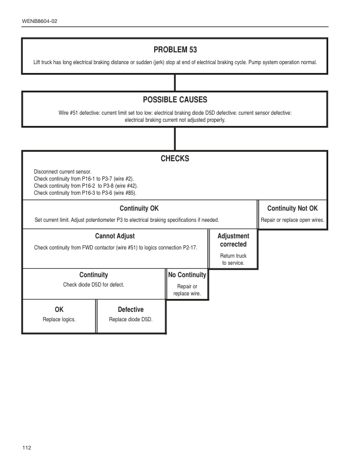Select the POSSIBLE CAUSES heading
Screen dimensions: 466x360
point(175,100)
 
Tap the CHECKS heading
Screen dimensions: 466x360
point(175,159)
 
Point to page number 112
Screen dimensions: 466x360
point(27,448)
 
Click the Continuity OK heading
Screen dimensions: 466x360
point(139,208)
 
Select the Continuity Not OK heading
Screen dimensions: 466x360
point(292,208)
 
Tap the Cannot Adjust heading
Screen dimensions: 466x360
point(115,236)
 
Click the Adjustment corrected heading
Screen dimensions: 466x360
point(233,240)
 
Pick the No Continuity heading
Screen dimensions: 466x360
point(187,275)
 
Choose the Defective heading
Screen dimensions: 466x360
point(131,309)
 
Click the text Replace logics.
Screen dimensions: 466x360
point(59,319)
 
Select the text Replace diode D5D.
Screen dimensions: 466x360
point(131,319)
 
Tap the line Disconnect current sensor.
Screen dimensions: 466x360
point(63,171)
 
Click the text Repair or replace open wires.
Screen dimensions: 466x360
point(292,220)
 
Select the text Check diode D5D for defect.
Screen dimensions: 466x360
point(94,285)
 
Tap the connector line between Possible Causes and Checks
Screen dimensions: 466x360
point(175,138)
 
